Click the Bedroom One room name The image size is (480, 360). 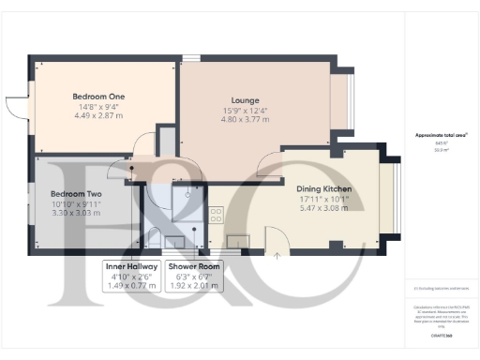[x=98, y=97]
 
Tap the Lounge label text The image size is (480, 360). [x=245, y=100]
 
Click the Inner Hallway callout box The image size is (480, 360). [x=129, y=277]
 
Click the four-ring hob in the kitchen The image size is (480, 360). [x=217, y=215]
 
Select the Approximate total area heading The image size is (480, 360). [x=442, y=135]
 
